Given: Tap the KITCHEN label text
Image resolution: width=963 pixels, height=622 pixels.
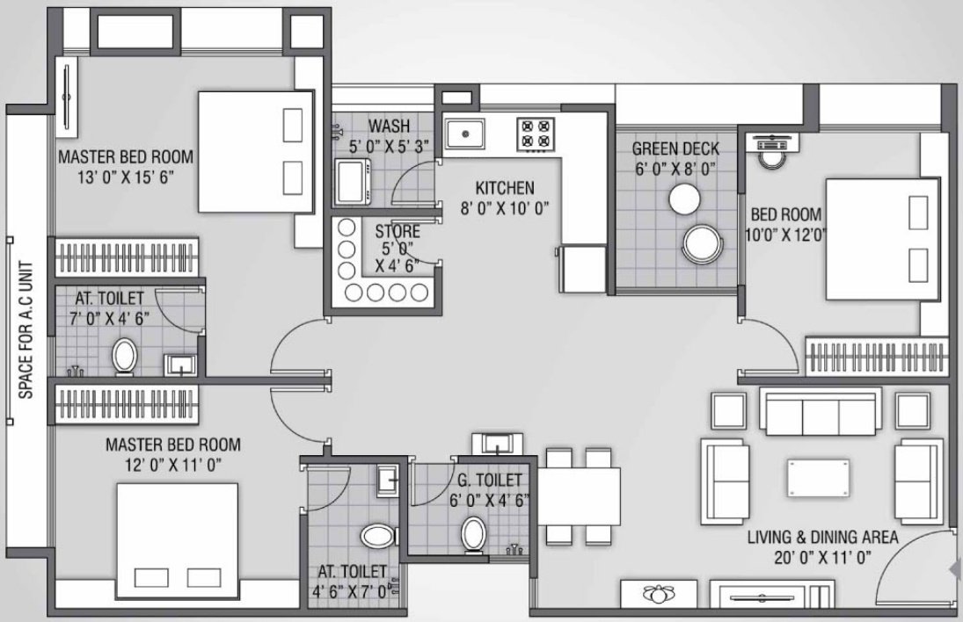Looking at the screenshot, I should (x=505, y=188).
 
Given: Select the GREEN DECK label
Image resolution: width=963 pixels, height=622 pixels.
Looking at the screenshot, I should (x=675, y=148).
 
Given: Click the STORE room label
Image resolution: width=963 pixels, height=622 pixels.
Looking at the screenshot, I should (x=398, y=232).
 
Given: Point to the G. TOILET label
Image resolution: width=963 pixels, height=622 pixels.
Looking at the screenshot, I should (x=491, y=481).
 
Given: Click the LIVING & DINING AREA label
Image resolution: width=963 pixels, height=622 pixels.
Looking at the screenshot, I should (x=822, y=537).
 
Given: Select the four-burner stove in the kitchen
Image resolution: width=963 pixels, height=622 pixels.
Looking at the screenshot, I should (x=535, y=134).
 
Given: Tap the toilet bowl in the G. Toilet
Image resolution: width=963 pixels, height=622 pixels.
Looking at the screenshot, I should (x=474, y=532).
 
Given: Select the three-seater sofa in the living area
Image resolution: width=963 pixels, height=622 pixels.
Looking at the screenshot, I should (x=819, y=411).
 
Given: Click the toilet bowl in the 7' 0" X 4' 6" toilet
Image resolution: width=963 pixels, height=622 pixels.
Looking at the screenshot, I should (x=124, y=357).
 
